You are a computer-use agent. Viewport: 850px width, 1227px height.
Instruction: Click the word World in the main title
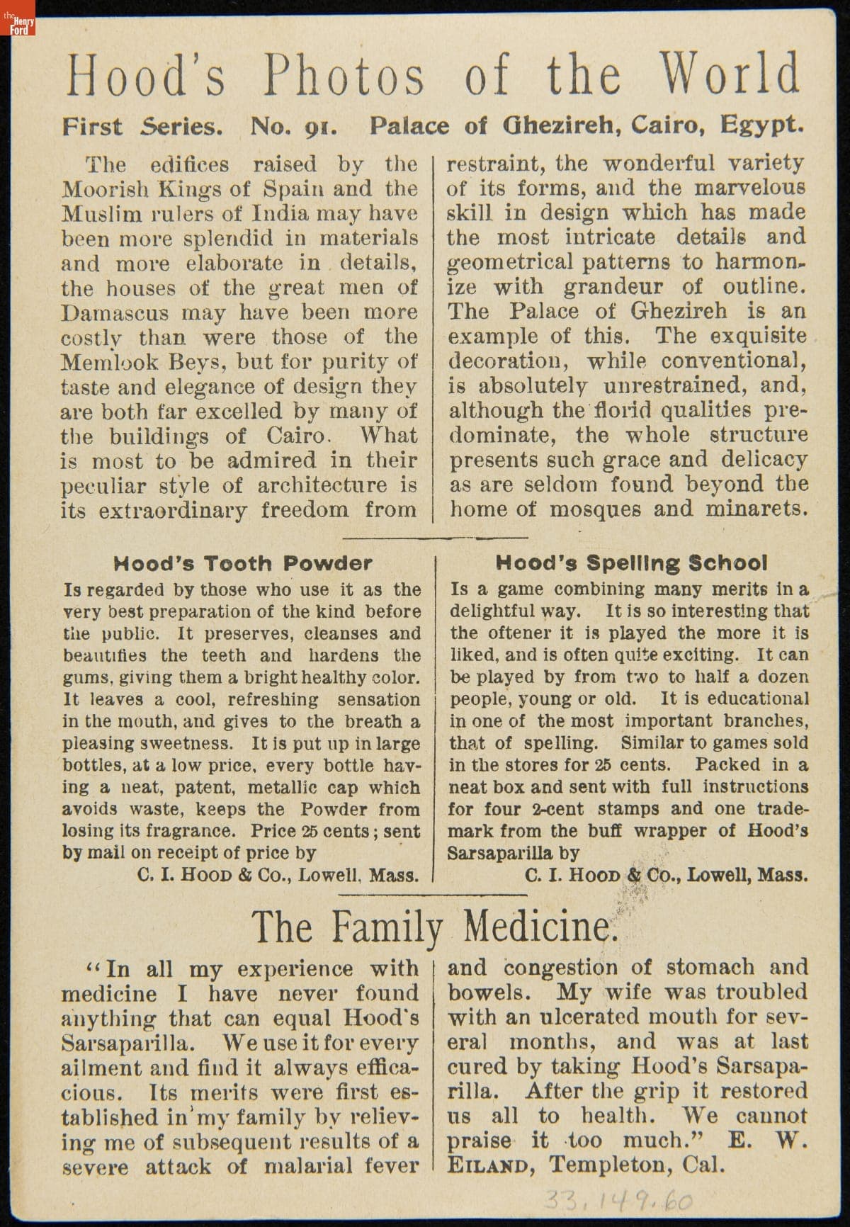pos(730,74)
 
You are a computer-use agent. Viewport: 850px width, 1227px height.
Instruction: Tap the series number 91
pos(319,128)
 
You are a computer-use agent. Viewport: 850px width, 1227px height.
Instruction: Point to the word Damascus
pos(114,312)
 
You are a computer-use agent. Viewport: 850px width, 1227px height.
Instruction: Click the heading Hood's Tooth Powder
pos(242,564)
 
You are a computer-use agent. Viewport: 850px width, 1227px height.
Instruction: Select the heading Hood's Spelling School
pos(630,563)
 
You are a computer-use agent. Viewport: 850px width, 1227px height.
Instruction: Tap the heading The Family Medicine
pos(434,926)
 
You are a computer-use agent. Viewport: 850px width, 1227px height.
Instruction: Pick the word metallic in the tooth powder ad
pos(283,787)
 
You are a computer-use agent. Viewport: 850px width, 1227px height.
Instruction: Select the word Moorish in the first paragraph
pos(103,189)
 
